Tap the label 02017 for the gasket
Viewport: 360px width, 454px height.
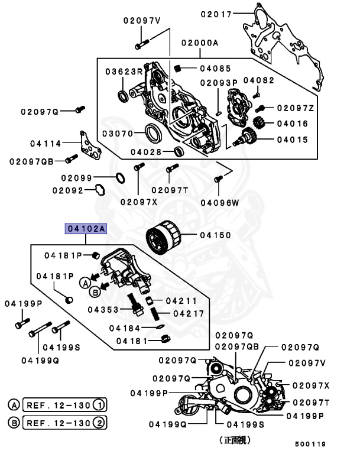pyautogui.click(x=218, y=13)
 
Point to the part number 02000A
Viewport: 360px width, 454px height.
pyautogui.click(x=200, y=44)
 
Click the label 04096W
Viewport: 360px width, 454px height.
pyautogui.click(x=220, y=202)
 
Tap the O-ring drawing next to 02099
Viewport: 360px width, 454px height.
pyautogui.click(x=119, y=178)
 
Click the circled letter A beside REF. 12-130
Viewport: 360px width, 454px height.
pyautogui.click(x=13, y=406)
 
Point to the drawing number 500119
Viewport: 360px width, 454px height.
pyautogui.click(x=311, y=443)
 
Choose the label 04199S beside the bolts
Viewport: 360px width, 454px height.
pyautogui.click(x=61, y=346)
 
